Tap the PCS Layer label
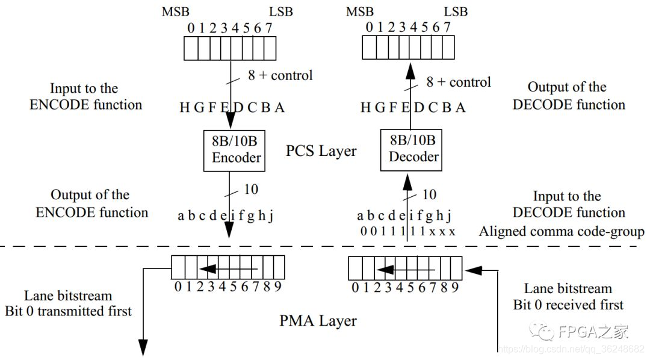tap(321, 151)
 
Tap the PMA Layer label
tap(318, 321)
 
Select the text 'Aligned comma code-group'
tap(561, 231)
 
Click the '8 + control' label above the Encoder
tap(280, 75)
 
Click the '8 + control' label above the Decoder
tap(458, 82)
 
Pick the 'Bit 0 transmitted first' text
tap(68, 311)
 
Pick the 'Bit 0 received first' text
tap(568, 305)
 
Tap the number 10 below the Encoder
tap(251, 189)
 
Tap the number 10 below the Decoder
tap(429, 194)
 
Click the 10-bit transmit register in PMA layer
tap(228, 267)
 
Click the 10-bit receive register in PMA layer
tap(405, 267)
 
